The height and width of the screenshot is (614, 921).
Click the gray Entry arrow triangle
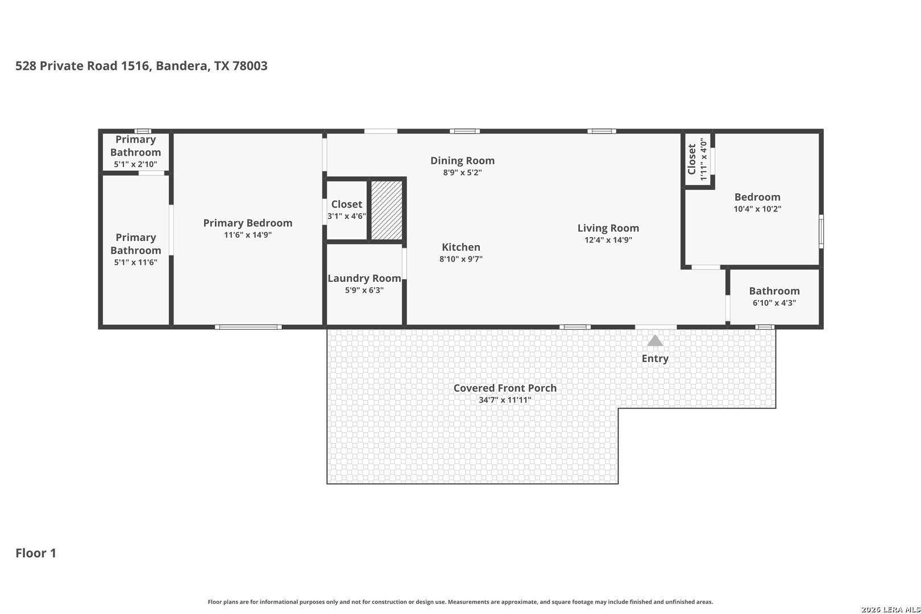coord(655,341)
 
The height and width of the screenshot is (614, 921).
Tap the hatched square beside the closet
coord(387,210)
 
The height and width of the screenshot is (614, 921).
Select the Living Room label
coord(608,228)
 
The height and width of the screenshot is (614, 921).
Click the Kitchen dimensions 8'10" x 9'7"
coord(461,259)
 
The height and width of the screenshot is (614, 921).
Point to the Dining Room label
coord(463,160)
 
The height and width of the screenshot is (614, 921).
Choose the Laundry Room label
coord(364,279)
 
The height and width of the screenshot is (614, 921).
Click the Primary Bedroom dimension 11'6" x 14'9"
coord(247,235)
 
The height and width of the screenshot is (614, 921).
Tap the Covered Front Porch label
coord(505,388)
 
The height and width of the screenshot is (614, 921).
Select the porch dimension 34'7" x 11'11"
coord(505,400)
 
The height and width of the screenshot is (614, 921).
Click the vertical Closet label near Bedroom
coord(691,159)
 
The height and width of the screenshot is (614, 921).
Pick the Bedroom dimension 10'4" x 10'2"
coord(757,209)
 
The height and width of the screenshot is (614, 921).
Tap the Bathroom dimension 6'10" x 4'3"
coord(774,302)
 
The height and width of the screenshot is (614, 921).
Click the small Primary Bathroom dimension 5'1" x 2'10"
coord(135,164)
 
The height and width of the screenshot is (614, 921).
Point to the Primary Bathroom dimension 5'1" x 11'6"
coord(136,262)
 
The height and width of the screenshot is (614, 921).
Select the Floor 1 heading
coord(36,553)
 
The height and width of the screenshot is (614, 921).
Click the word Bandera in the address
coord(181,66)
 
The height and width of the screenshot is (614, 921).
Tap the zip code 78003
coord(250,66)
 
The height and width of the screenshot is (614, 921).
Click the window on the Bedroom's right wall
coord(821,231)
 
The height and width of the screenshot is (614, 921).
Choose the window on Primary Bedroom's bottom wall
coord(248,327)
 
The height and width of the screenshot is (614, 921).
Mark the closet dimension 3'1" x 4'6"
coord(346,216)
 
